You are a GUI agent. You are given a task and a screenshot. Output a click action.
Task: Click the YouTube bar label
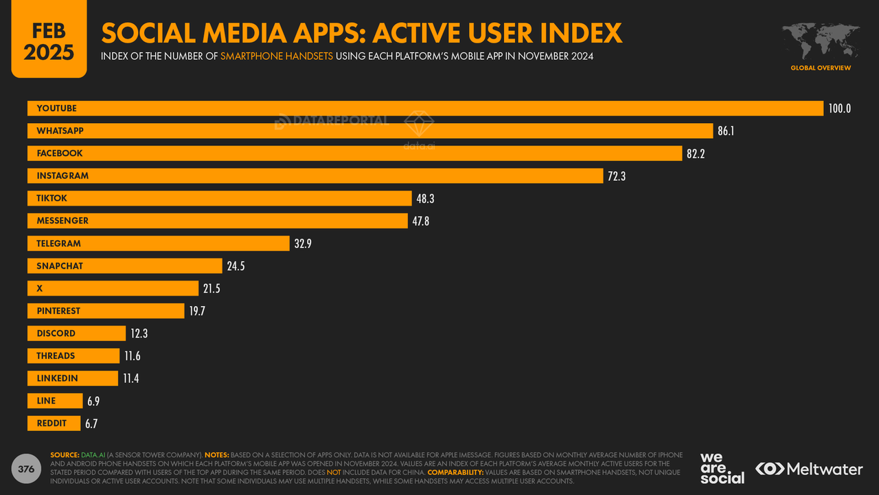click(x=57, y=109)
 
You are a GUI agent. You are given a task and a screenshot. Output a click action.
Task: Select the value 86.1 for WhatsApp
click(x=726, y=131)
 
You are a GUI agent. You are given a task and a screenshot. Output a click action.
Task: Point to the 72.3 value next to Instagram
click(x=617, y=176)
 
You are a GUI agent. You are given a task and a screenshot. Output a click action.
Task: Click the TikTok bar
click(x=219, y=199)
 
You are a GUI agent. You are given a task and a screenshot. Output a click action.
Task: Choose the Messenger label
click(x=62, y=221)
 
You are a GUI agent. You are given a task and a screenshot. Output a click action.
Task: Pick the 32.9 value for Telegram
click(x=303, y=243)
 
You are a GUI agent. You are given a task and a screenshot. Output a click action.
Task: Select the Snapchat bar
click(x=124, y=266)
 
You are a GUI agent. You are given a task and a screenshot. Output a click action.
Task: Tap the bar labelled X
click(x=113, y=289)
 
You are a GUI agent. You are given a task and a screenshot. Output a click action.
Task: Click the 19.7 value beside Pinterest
click(x=197, y=311)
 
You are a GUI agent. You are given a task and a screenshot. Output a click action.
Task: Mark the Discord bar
click(x=76, y=333)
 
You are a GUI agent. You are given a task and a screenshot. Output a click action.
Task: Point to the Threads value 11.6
click(x=133, y=356)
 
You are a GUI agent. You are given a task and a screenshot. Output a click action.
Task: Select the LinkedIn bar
click(x=73, y=379)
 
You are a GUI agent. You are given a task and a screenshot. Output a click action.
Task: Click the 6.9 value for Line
click(x=93, y=401)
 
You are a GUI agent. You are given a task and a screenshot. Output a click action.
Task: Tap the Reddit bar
click(x=54, y=423)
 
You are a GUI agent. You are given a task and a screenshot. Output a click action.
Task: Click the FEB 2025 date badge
click(x=49, y=40)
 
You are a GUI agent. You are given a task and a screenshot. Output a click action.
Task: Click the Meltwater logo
click(x=809, y=469)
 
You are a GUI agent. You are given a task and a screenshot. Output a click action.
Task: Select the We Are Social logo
click(x=722, y=468)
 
